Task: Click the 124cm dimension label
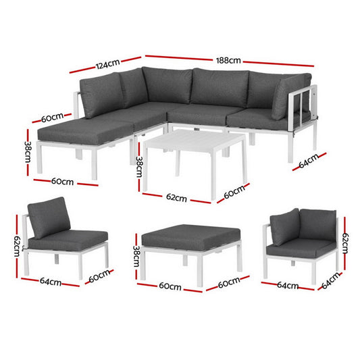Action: coord(107,65)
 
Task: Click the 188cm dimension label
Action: coord(230,60)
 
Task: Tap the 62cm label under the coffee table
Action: coord(176,198)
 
